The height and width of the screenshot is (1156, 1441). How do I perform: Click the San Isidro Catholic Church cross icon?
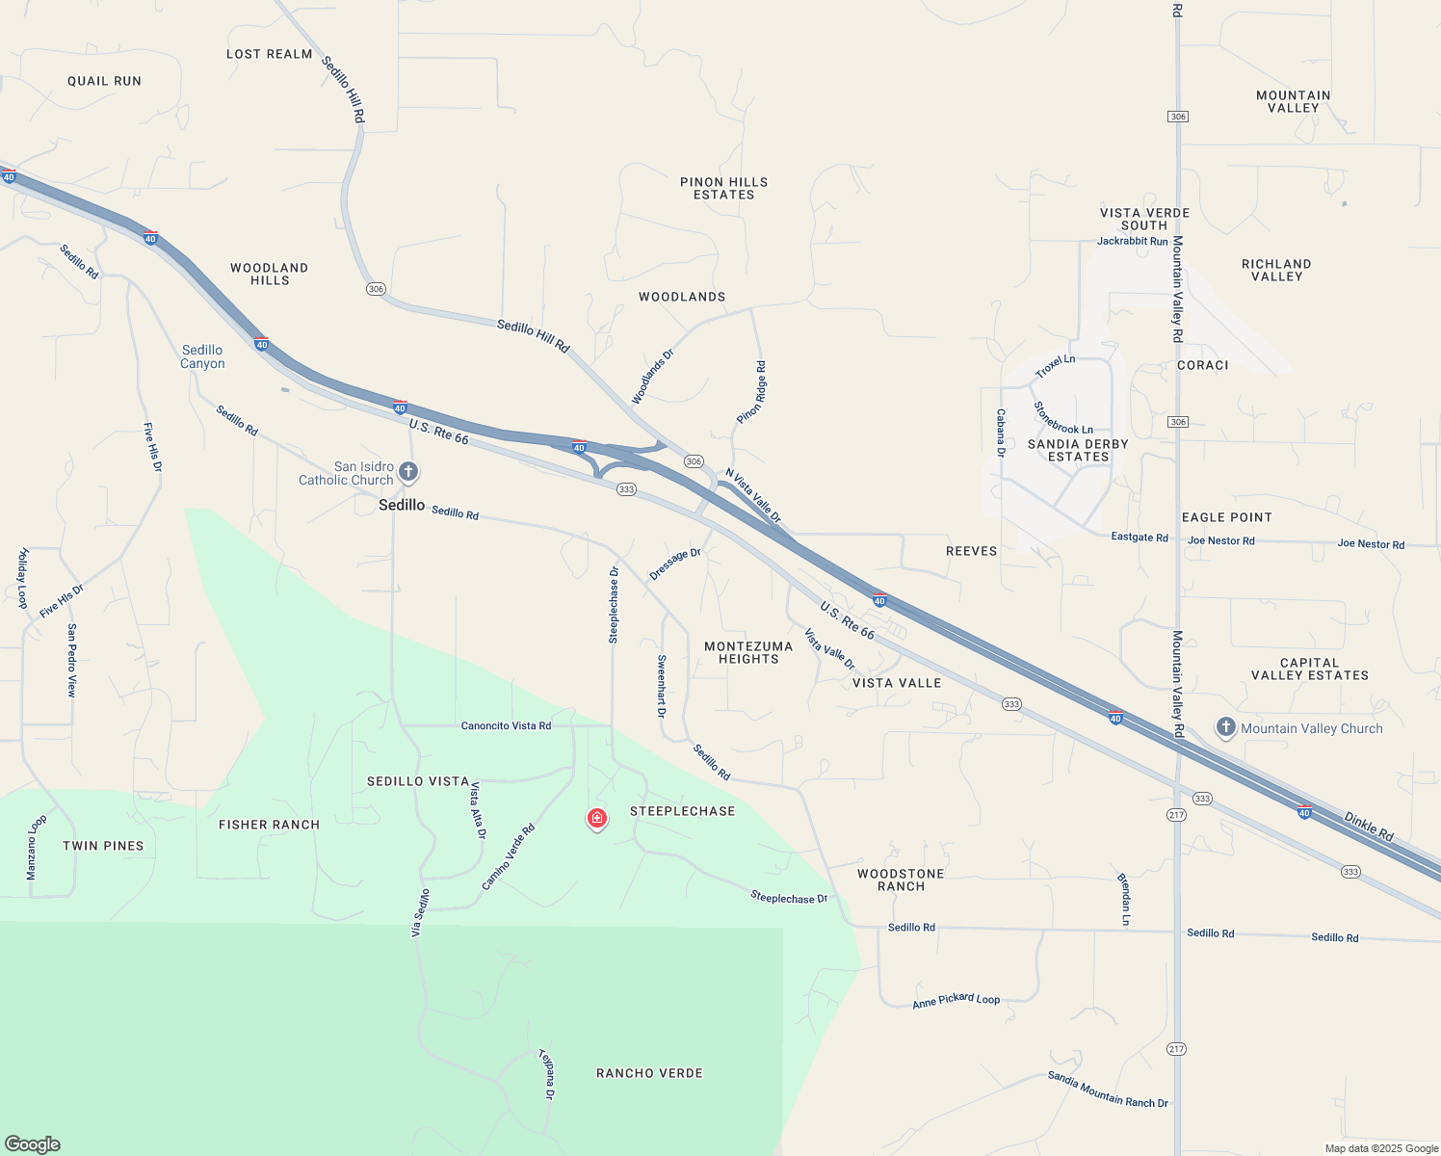tap(408, 472)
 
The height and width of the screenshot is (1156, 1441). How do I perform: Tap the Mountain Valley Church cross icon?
tap(1225, 727)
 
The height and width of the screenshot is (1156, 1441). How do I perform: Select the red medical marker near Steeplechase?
tap(597, 819)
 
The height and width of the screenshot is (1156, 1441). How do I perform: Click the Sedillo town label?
tap(402, 505)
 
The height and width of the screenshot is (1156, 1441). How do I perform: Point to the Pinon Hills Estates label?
tap(723, 188)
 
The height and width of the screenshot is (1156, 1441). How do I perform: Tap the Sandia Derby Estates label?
tap(1078, 450)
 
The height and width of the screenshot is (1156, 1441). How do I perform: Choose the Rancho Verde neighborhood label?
tap(649, 1073)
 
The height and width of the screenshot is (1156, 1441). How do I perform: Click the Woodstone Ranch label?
tap(901, 880)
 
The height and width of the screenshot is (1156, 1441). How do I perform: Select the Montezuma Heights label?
tap(748, 652)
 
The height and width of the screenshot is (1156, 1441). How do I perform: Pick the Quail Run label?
tap(104, 81)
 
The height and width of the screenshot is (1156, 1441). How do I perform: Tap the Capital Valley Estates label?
tap(1309, 669)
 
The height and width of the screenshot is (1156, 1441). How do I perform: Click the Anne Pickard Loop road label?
tap(956, 1001)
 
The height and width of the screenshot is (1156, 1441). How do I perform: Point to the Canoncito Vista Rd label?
tap(506, 725)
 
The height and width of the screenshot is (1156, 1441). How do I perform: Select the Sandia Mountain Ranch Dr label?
tap(1108, 1090)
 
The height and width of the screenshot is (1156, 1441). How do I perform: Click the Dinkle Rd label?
tap(1369, 827)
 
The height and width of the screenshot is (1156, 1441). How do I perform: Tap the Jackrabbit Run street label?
tap(1132, 241)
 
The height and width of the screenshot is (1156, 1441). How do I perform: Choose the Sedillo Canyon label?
tap(202, 356)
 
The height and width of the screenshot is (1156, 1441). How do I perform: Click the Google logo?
tap(33, 1143)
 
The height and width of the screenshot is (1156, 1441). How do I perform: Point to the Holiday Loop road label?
tap(23, 578)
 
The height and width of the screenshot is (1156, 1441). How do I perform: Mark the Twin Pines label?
tap(103, 846)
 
